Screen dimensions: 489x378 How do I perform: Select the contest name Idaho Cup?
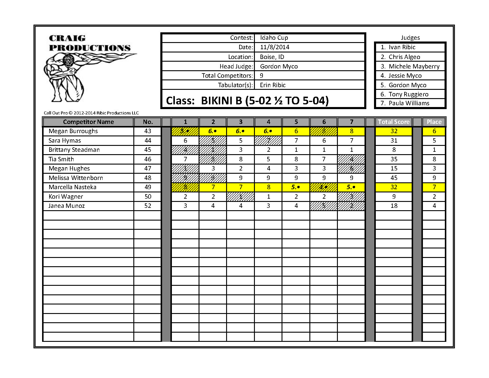tap(274, 38)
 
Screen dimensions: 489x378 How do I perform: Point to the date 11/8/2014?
tap(274, 47)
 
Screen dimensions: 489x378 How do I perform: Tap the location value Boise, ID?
tap(272, 57)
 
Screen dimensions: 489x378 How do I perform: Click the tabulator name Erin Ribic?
tap(273, 85)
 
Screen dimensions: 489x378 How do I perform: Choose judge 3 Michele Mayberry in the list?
tap(414, 66)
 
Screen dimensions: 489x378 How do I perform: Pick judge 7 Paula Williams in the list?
tap(409, 103)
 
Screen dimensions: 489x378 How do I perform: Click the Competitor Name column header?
tap(88, 122)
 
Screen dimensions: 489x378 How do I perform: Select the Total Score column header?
tap(394, 122)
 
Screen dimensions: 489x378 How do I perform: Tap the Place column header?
tap(434, 122)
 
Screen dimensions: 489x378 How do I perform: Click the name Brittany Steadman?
tap(74, 150)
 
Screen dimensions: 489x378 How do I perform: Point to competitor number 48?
tap(148, 178)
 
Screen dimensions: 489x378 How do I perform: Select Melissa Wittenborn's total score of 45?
tap(394, 178)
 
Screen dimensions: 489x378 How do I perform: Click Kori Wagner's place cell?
tap(434, 197)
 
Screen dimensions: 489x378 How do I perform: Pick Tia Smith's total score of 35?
tap(394, 159)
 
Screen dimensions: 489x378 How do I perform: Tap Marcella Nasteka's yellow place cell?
tap(434, 187)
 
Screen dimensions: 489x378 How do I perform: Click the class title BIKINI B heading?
tap(247, 101)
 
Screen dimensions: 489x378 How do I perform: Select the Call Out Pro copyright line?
tap(91, 113)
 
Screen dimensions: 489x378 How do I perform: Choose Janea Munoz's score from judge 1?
tap(185, 206)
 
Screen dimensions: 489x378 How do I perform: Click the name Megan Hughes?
tap(69, 168)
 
